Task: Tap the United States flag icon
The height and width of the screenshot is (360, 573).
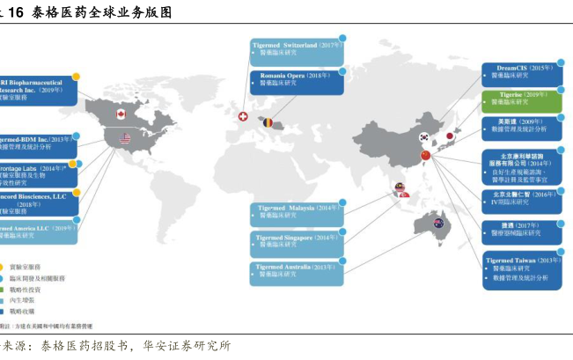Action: (x=123, y=138)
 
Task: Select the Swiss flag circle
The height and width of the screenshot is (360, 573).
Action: (x=244, y=116)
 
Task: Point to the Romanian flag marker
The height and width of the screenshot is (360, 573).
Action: (x=268, y=122)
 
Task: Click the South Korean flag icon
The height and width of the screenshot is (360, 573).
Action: (x=424, y=137)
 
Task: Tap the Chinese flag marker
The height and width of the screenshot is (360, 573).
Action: (x=425, y=156)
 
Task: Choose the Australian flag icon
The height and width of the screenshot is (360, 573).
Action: (x=437, y=224)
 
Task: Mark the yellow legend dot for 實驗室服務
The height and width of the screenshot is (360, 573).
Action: (x=4, y=266)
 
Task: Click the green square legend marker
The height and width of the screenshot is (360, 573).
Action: (x=4, y=289)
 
